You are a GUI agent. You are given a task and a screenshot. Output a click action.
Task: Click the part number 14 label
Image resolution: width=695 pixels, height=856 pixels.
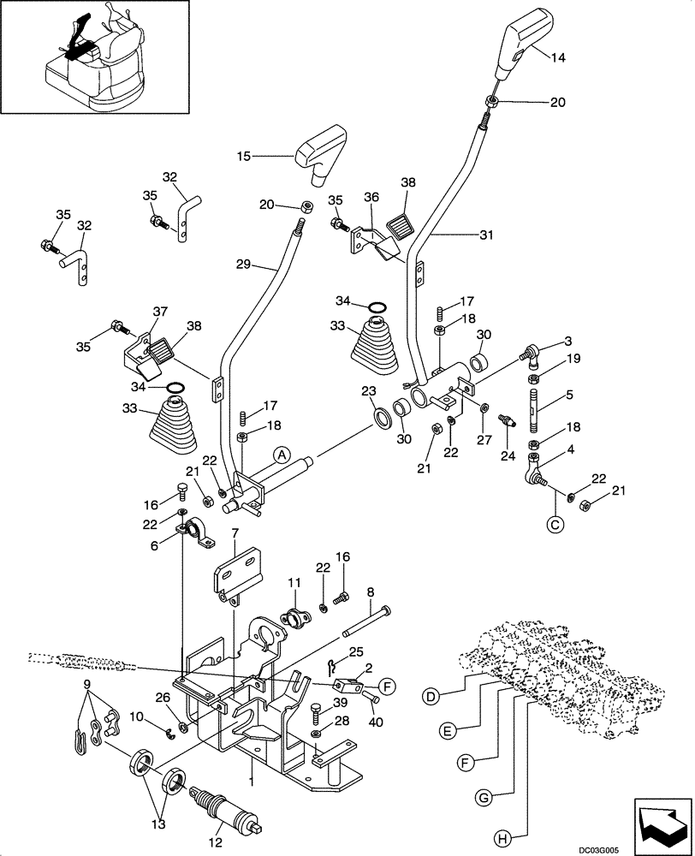[558, 58]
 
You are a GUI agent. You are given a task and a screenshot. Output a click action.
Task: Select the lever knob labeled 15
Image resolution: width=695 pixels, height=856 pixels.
[321, 153]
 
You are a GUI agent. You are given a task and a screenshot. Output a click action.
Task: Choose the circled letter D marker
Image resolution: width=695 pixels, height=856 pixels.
[433, 696]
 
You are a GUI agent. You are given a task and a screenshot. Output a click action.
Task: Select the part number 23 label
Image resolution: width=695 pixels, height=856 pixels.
[368, 391]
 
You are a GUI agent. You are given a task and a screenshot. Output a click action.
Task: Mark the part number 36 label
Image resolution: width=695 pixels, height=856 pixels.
[371, 197]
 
